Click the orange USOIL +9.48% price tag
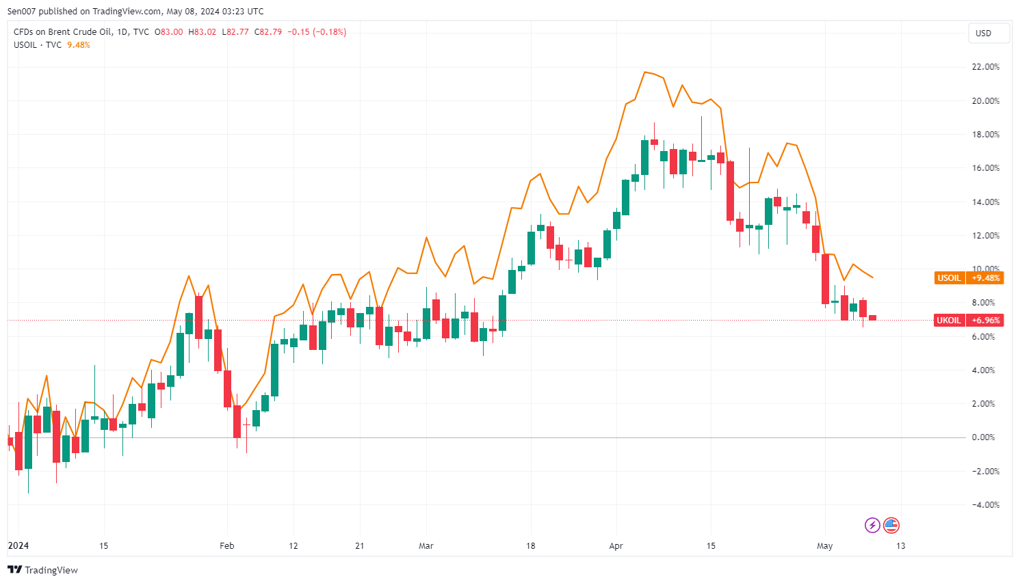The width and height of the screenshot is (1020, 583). click(969, 278)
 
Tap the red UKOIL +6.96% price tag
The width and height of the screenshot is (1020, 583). click(969, 320)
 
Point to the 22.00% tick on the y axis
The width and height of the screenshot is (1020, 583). click(986, 67)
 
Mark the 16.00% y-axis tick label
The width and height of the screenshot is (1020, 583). click(986, 168)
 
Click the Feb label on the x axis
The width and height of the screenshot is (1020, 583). click(226, 546)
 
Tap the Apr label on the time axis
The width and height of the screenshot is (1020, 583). click(616, 546)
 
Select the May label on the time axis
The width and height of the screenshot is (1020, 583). click(824, 546)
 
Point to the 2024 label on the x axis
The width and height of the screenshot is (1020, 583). click(18, 545)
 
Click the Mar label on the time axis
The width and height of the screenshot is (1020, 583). click(426, 546)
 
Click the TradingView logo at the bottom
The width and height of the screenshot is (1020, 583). click(42, 570)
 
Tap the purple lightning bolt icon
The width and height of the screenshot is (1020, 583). click(872, 525)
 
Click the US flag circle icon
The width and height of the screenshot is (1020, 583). click(891, 525)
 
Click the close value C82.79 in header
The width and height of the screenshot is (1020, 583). click(268, 32)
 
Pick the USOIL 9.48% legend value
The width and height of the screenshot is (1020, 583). click(79, 45)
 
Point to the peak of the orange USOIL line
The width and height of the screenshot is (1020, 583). click(644, 72)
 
